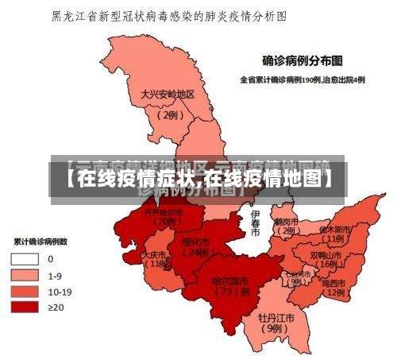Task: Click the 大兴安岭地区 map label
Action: coord(168,95)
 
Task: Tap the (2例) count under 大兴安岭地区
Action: coord(168,114)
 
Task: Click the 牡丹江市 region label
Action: coord(276,317)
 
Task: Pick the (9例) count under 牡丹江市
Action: coord(275,328)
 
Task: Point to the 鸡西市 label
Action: coord(333,282)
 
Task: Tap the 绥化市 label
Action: coord(195,242)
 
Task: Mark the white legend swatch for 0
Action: coord(25,258)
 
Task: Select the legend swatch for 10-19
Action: coord(25,291)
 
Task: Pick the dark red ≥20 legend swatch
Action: coord(25,307)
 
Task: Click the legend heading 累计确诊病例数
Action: coord(40,241)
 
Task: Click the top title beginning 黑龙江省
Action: coord(169,15)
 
